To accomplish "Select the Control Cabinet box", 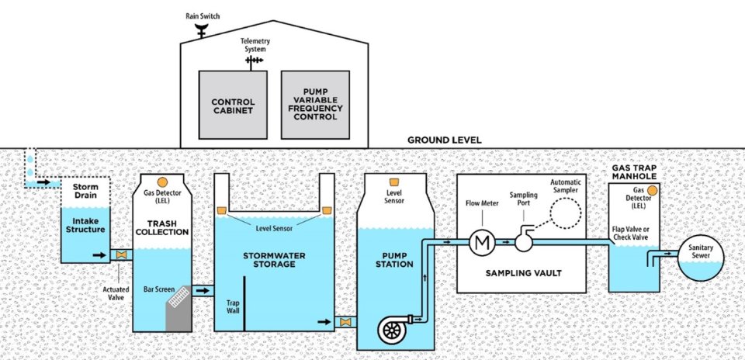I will [234, 105].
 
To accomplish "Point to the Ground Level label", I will [445, 140].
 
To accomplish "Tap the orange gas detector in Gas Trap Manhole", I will [652, 189].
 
